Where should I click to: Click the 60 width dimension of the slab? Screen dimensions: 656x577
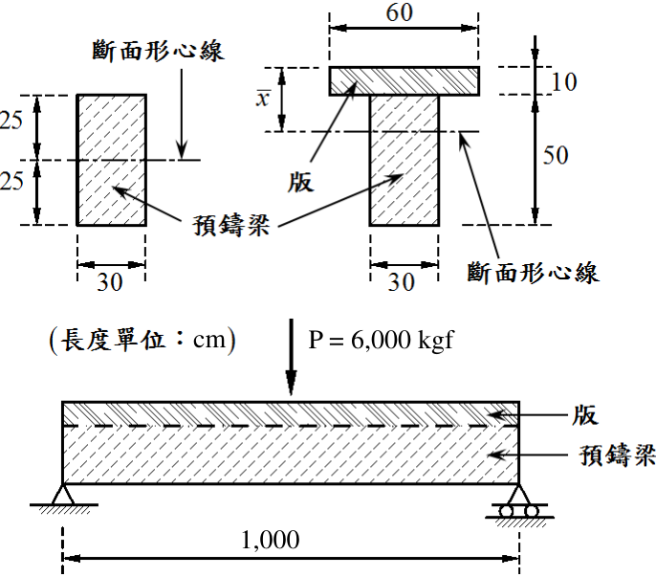400,12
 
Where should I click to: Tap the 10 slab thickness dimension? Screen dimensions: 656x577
564,81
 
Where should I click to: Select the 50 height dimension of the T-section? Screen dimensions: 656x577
556,155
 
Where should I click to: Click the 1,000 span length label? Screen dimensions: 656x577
271,540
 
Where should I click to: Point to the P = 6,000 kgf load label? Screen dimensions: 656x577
381,340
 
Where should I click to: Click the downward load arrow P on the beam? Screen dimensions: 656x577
291,357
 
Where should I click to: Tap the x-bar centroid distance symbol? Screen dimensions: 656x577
263,99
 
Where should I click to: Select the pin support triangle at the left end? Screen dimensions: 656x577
63,495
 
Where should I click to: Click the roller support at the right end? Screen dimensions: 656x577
518,501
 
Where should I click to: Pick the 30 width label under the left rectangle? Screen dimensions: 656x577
110,282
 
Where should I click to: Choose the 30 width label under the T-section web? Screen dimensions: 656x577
402,282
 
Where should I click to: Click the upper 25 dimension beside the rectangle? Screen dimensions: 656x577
11,121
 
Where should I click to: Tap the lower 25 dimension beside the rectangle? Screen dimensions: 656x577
11,181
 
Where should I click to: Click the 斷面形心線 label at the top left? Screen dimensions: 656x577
158,51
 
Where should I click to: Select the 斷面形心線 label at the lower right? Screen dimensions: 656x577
533,272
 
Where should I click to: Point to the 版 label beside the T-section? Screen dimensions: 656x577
300,183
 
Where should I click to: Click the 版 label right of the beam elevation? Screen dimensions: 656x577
585,415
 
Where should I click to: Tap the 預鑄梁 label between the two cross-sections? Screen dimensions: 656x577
231,225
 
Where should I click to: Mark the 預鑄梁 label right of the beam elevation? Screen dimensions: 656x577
618,455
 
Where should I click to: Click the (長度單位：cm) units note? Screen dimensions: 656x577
142,340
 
